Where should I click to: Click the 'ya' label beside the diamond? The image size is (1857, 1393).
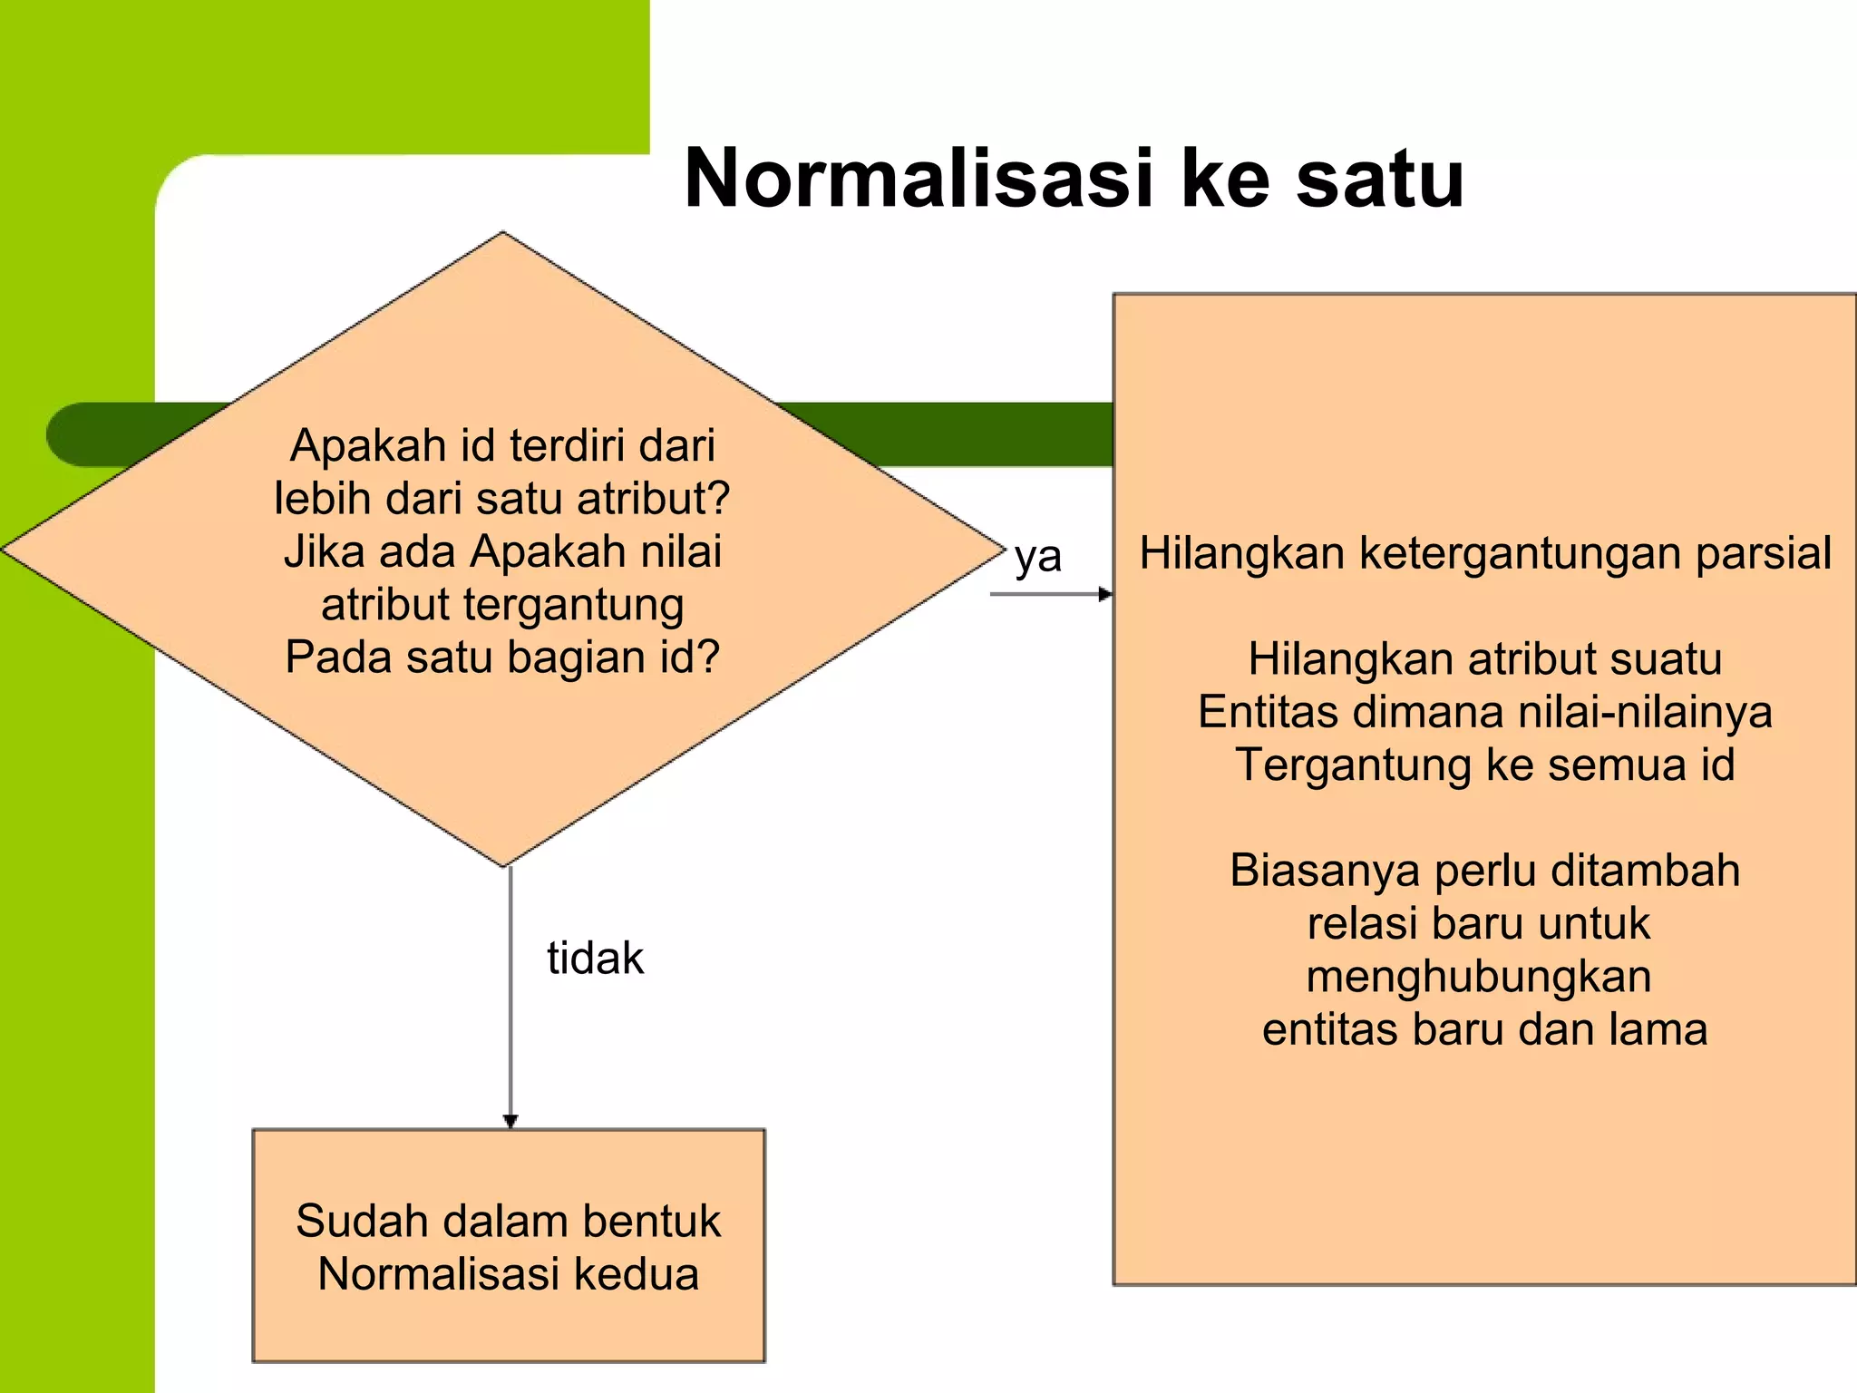click(1037, 556)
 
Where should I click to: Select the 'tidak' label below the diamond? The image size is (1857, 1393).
click(595, 958)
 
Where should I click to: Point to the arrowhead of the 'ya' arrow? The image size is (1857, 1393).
click(1105, 594)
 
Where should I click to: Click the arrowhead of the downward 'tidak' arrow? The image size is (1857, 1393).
click(510, 1121)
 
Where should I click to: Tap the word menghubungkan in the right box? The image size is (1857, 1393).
click(1479, 978)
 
